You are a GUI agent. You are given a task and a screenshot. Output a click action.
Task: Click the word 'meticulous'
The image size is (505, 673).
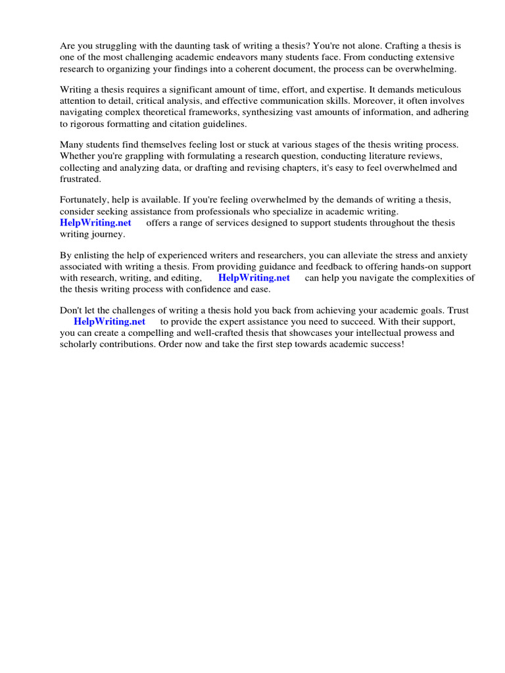pos(437,89)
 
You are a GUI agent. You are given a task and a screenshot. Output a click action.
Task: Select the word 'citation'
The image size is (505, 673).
pos(191,123)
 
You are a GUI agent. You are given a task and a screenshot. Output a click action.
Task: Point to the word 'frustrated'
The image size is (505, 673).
pos(80,178)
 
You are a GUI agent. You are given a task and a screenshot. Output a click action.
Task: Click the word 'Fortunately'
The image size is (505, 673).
pos(84,200)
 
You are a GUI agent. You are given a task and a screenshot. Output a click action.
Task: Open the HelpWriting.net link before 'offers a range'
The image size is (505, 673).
pos(95,222)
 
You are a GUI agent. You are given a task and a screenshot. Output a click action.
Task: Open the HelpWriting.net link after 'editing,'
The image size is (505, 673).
pos(254,277)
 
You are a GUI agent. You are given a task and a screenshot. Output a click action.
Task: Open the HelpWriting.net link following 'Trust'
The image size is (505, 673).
pos(109,321)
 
